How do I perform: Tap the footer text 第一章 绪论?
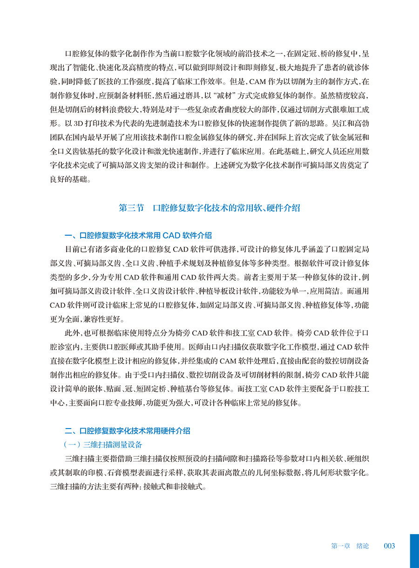pos(350,546)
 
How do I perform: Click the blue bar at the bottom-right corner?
pos(414,550)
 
